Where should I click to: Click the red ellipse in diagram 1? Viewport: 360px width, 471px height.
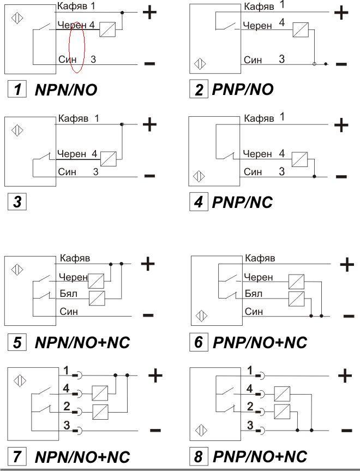pyautogui.click(x=77, y=47)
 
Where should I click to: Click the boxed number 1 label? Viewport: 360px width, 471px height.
pyautogui.click(x=17, y=89)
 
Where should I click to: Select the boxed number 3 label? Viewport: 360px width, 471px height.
pyautogui.click(x=17, y=202)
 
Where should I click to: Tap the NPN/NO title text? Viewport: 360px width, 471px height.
pyautogui.click(x=65, y=90)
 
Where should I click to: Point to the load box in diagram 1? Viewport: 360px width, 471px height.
pyautogui.click(x=107, y=29)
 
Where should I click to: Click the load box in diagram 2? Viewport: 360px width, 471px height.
pyautogui.click(x=301, y=29)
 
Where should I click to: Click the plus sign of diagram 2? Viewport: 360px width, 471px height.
pyautogui.click(x=341, y=12)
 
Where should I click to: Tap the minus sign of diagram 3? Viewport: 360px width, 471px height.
pyautogui.click(x=149, y=176)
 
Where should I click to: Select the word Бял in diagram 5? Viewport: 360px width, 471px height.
pyautogui.click(x=68, y=294)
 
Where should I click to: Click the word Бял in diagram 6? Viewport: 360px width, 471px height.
pyautogui.click(x=254, y=294)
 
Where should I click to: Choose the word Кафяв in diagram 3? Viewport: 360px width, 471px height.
pyautogui.click(x=74, y=118)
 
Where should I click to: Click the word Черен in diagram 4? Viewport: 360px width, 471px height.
pyautogui.click(x=257, y=154)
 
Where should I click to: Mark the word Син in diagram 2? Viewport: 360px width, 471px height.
pyautogui.click(x=253, y=59)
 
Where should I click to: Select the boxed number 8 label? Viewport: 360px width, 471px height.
pyautogui.click(x=199, y=456)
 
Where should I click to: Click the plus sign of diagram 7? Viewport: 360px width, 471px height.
pyautogui.click(x=155, y=375)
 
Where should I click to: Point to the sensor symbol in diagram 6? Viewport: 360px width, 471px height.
pyautogui.click(x=202, y=315)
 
